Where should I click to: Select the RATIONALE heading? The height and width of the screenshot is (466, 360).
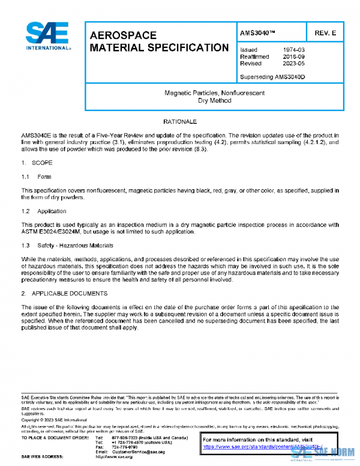point(180,121)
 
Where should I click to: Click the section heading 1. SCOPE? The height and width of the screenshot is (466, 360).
point(37,163)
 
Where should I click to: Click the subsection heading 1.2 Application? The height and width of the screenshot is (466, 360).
point(44,211)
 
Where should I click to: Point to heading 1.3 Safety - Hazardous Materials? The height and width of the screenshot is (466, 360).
point(67,246)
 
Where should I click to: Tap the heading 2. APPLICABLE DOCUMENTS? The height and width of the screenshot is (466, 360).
point(64,294)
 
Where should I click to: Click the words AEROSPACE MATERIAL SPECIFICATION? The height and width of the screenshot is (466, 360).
point(158,41)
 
